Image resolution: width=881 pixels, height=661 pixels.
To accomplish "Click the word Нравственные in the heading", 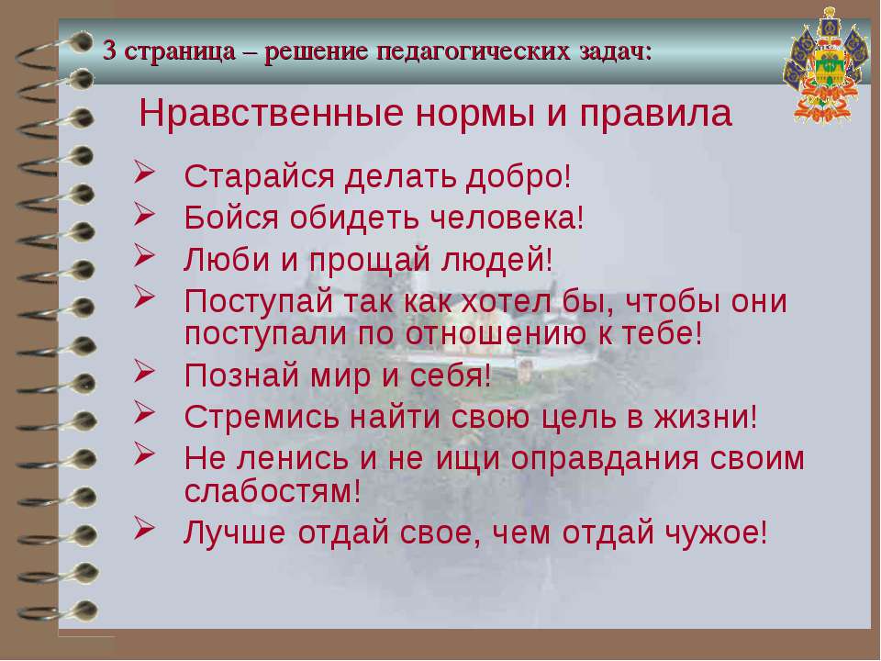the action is (x=272, y=113).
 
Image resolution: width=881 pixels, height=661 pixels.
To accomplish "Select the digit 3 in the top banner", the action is (x=110, y=51).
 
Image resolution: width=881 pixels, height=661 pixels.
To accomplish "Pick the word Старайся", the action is (x=260, y=177).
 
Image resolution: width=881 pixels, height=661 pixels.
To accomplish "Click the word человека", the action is (x=507, y=218).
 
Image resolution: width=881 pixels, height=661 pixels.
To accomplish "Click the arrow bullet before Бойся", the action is (x=144, y=214).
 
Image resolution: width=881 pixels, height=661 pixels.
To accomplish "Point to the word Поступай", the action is (x=259, y=302).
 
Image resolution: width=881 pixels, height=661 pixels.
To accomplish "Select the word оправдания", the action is (x=606, y=460).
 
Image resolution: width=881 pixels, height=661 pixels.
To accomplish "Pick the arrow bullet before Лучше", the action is (x=144, y=529).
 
